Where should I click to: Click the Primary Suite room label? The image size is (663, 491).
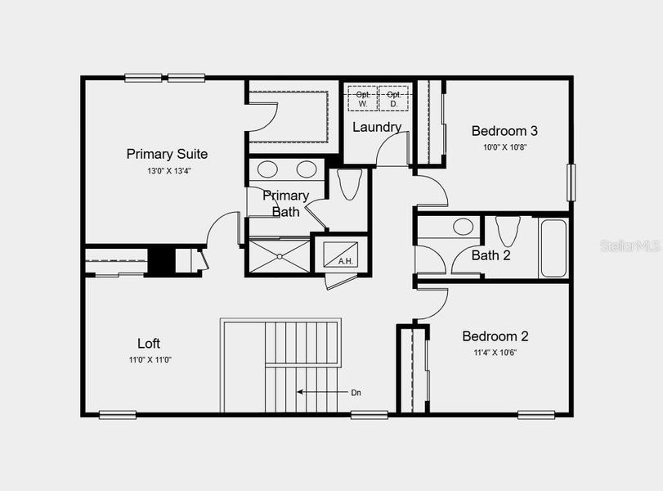point(167,154)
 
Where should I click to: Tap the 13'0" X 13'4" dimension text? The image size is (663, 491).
point(169,171)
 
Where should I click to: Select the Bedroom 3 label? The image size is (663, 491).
point(504,130)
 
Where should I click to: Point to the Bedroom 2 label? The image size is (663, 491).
point(495,336)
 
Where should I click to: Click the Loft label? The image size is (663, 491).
point(149,344)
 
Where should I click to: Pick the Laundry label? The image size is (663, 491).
point(377,127)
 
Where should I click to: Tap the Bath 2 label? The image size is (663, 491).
point(491,255)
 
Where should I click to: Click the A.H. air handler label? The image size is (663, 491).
point(345,262)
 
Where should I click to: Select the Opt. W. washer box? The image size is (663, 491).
point(363,99)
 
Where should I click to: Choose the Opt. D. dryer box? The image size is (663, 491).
point(393,99)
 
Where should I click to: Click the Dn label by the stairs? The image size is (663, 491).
point(356,393)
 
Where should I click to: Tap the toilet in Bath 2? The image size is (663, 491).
point(507,232)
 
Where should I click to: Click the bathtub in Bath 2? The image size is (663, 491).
point(553,248)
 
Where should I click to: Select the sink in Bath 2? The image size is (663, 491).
point(464,227)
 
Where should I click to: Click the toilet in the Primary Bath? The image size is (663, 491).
point(349,184)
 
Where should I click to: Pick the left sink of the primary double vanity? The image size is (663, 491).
point(268,170)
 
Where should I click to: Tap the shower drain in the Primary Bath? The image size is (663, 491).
point(280,255)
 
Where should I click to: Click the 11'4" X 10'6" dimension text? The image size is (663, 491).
point(495,353)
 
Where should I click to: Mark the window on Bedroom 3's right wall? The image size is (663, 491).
point(571,182)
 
